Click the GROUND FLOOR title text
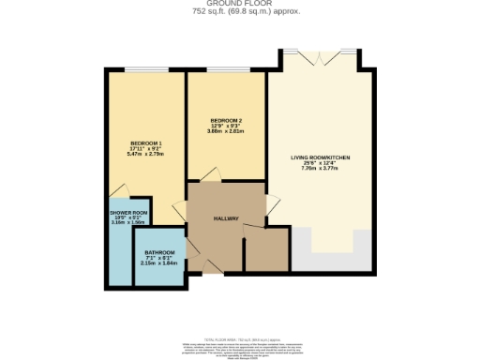click(x=239, y=5)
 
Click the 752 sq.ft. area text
click(x=239, y=13)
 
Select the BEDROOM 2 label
click(x=226, y=120)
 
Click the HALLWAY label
click(x=226, y=219)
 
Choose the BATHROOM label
click(x=159, y=253)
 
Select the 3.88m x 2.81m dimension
click(x=226, y=131)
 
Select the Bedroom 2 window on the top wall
click(x=226, y=71)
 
